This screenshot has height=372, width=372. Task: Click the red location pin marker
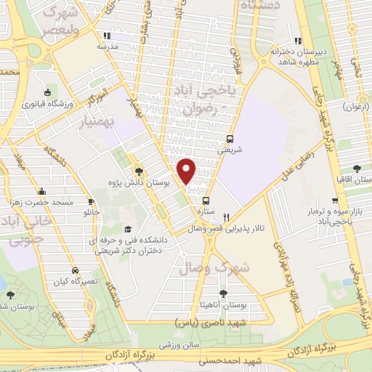[187, 171]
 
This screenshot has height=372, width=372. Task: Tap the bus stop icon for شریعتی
[230, 138]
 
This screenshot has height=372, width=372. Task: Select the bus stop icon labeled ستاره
[206, 201]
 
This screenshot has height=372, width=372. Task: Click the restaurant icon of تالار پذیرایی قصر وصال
[227, 217]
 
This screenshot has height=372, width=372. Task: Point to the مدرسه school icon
[107, 36]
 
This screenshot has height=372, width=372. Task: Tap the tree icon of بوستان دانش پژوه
[138, 172]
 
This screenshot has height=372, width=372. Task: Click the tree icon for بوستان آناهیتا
[223, 293]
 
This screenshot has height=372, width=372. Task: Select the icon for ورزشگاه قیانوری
[47, 92]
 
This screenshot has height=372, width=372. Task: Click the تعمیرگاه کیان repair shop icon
[74, 269]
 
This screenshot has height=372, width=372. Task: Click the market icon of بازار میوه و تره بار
[336, 201]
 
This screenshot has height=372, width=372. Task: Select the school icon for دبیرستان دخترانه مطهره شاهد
[296, 41]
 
